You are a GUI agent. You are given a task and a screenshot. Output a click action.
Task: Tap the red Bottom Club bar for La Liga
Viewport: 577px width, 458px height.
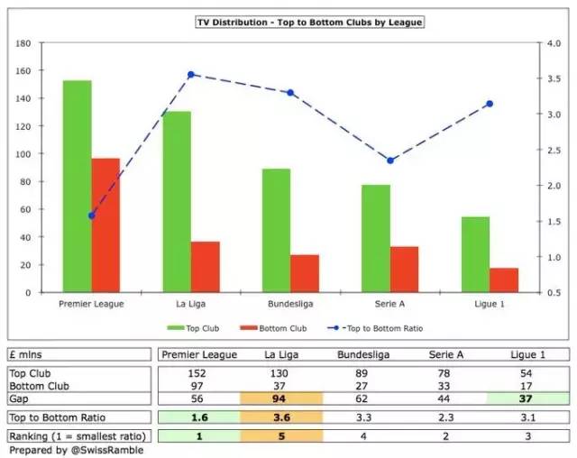coord(206,267)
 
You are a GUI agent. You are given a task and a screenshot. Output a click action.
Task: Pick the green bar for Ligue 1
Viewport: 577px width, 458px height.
coord(476,254)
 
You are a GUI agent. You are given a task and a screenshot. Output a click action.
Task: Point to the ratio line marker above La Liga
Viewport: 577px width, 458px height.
coord(191,75)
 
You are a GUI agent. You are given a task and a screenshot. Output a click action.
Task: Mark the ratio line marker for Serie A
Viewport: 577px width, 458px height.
coord(390,160)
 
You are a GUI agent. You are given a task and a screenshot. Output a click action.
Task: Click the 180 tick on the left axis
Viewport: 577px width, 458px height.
coord(24,42)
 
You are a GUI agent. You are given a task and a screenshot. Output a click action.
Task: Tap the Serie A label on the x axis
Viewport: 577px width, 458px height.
coord(390,304)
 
